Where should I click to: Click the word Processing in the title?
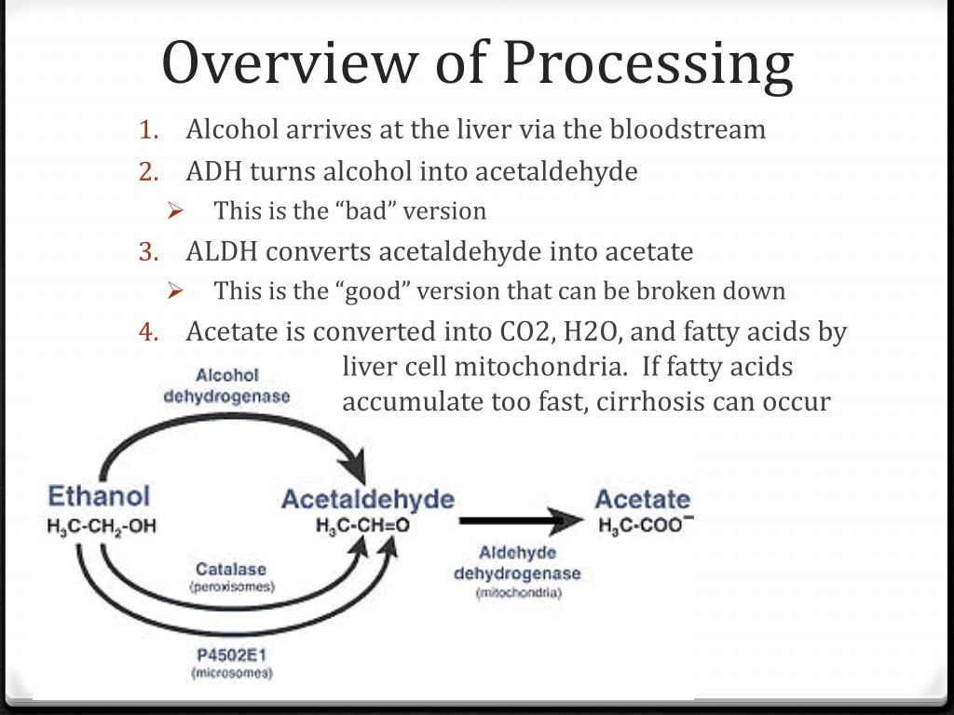pyautogui.click(x=648, y=63)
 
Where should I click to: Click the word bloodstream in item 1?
pyautogui.click(x=688, y=129)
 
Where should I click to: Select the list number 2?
pyautogui.click(x=150, y=172)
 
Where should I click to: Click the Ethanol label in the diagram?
pyautogui.click(x=98, y=496)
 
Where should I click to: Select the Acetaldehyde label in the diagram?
pyautogui.click(x=367, y=499)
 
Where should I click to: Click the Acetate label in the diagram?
pyautogui.click(x=642, y=499)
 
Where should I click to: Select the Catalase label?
pyautogui.click(x=231, y=569)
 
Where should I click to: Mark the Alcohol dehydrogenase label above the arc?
pyautogui.click(x=227, y=385)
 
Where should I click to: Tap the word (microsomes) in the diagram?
pyautogui.click(x=232, y=673)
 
